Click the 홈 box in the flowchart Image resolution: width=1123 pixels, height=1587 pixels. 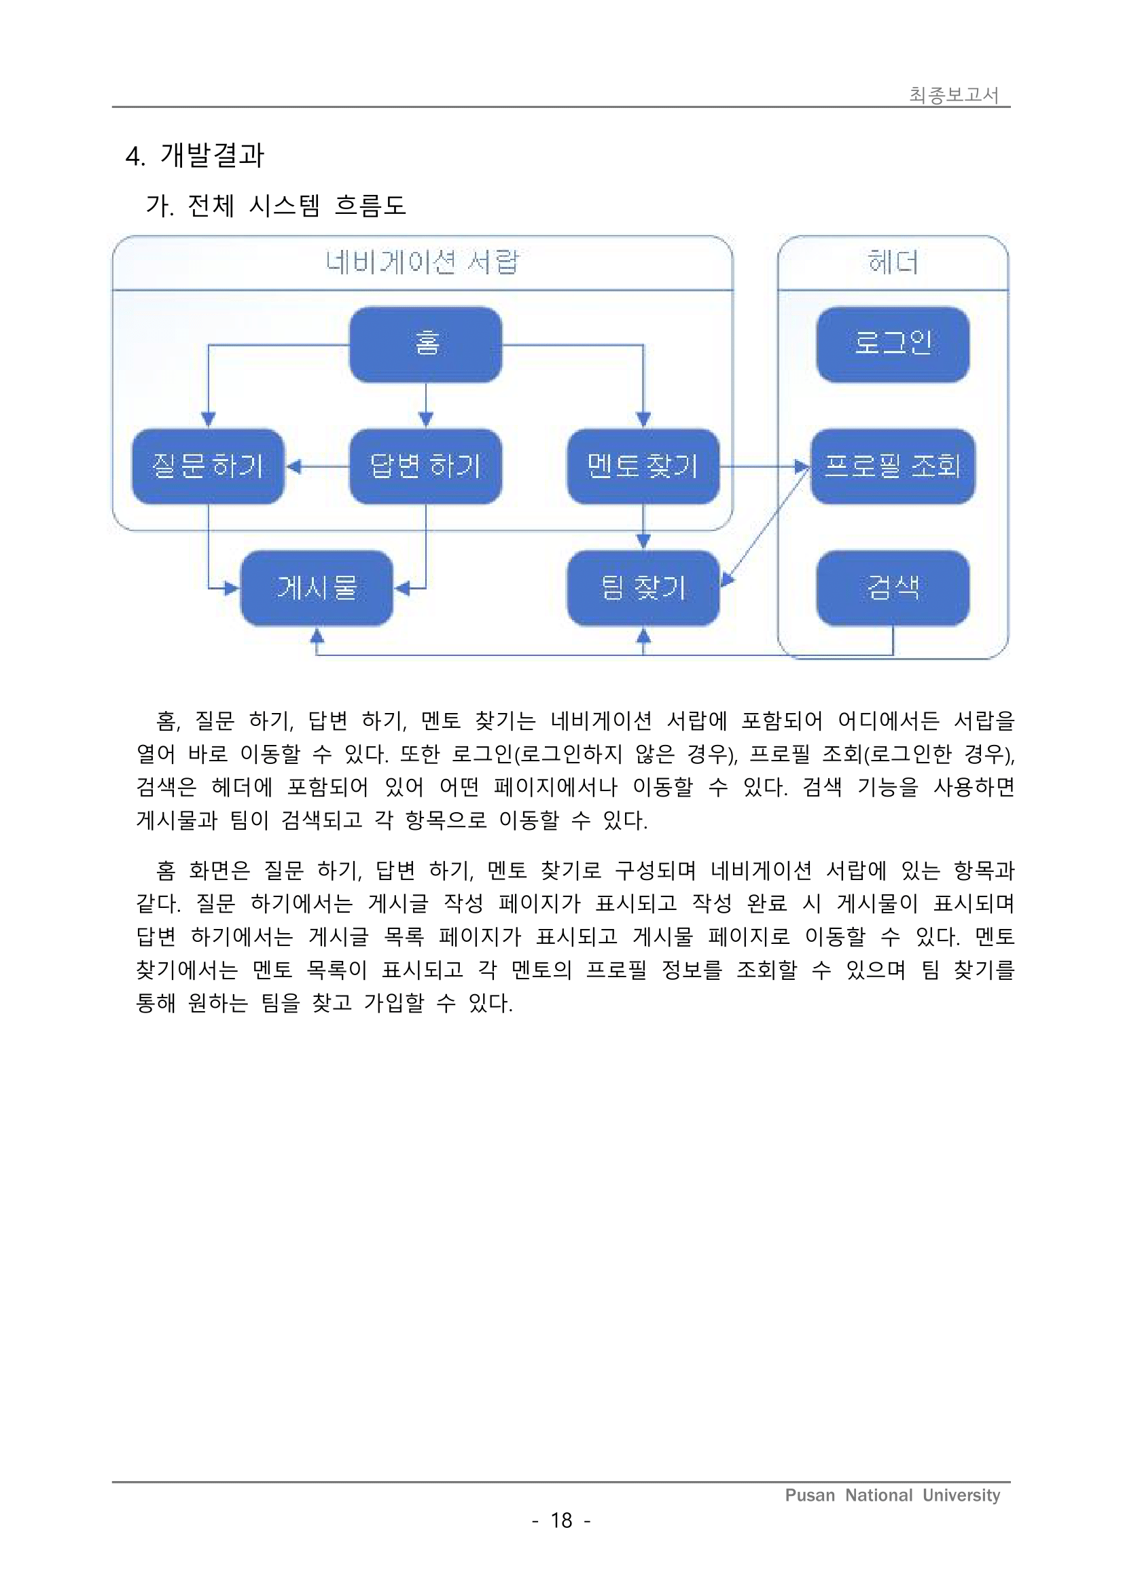425,344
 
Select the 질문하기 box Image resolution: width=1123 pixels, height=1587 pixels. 208,466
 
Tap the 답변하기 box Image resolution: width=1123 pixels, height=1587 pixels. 425,466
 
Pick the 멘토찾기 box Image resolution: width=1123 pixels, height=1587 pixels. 643,466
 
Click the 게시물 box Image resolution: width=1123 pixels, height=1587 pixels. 317,588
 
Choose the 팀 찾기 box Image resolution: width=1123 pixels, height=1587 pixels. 643,588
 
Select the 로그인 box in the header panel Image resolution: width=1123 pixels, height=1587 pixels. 892,344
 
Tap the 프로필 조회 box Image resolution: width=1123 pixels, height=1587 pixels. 892,466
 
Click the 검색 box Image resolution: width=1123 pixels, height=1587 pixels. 892,588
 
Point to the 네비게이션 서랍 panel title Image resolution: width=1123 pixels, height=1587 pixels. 422,263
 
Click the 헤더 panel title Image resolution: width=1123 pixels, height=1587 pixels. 892,263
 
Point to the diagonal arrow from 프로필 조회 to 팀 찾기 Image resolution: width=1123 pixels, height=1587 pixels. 765,527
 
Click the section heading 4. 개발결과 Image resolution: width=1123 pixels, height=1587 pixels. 194,156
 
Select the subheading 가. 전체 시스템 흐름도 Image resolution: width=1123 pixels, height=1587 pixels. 275,205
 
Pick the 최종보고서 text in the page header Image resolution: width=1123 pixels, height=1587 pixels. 954,94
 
